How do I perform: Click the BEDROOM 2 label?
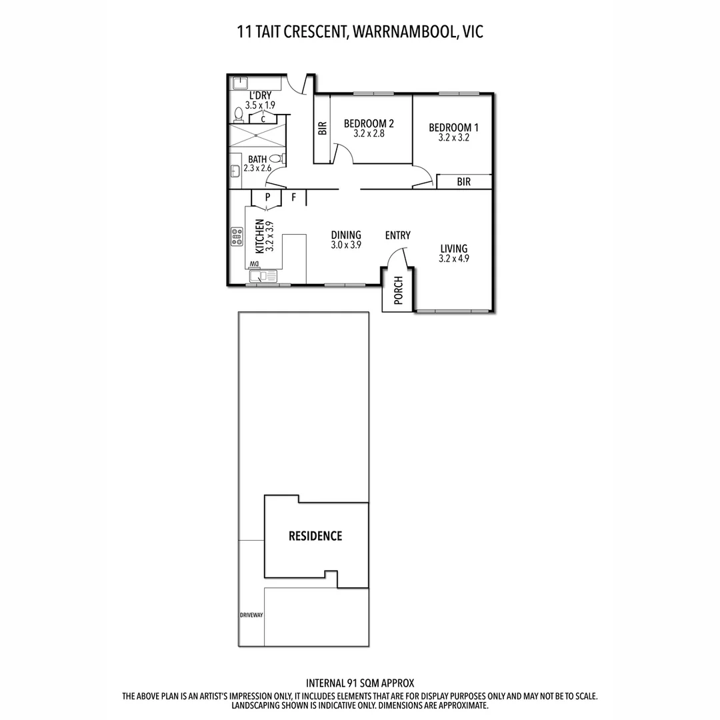point(369,123)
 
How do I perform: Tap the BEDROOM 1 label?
point(453,127)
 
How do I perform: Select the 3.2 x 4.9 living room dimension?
point(454,259)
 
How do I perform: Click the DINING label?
point(346,235)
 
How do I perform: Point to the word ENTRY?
point(398,235)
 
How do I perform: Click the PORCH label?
point(399,290)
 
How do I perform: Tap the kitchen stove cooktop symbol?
point(237,237)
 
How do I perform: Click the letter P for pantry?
point(267,197)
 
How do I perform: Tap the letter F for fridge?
point(293,197)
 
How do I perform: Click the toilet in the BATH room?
point(277,159)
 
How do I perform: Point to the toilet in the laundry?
point(238,114)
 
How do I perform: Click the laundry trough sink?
point(240,83)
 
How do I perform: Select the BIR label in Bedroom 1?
point(464,181)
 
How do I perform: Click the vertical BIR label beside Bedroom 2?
point(322,128)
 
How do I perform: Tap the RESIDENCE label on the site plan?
point(315,536)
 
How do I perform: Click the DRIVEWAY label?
point(251,615)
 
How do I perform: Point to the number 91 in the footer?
point(352,683)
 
